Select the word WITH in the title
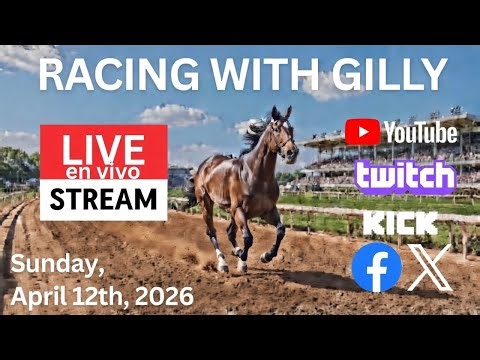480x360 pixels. (258, 74)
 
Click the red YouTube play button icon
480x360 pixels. (362, 131)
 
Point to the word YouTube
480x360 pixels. (419, 131)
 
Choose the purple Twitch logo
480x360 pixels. (405, 176)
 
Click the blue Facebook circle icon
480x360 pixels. (377, 267)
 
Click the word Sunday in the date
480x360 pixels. (51, 264)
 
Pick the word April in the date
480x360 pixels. (37, 297)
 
